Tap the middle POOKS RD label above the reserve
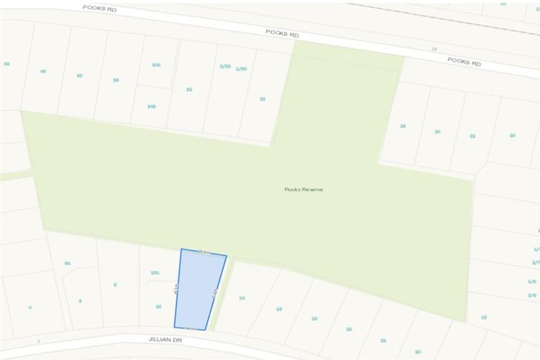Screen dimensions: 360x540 tap(282, 32)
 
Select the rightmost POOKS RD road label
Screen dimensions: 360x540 tap(465, 62)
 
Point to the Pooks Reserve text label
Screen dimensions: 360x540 tap(304, 189)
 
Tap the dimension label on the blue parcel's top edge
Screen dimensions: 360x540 tap(205, 251)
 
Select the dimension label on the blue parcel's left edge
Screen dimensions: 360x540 tap(175, 289)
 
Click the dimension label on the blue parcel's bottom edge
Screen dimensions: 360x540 tap(188, 328)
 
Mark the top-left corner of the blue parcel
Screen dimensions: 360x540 tap(181, 249)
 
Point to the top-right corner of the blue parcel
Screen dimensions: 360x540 tap(226, 256)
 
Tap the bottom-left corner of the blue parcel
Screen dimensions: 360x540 tap(174, 327)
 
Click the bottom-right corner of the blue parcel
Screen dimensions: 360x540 tap(205, 330)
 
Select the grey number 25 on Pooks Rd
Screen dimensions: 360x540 tap(434, 49)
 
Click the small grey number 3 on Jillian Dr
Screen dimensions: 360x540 tap(39, 341)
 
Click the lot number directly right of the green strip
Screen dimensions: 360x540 tap(242, 298)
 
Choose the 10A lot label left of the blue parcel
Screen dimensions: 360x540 tap(155, 273)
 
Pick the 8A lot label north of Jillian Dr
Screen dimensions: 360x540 tap(67, 264)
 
